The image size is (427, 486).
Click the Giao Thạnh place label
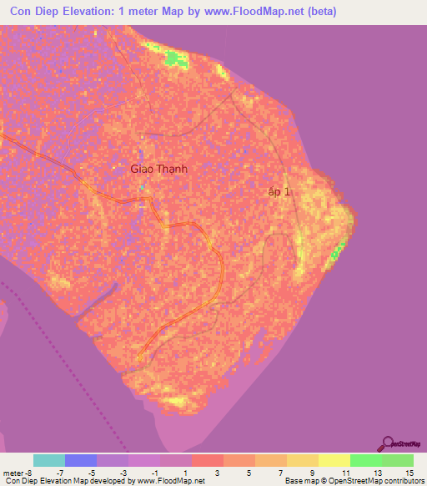(x=158, y=169)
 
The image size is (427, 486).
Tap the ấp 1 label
(x=280, y=192)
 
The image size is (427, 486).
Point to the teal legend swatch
(x=48, y=460)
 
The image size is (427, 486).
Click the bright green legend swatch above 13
(x=365, y=460)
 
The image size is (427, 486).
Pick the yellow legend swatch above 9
(x=302, y=460)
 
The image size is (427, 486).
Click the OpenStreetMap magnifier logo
(x=388, y=443)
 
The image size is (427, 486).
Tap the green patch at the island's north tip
(x=176, y=58)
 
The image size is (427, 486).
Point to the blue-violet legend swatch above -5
(x=80, y=460)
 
